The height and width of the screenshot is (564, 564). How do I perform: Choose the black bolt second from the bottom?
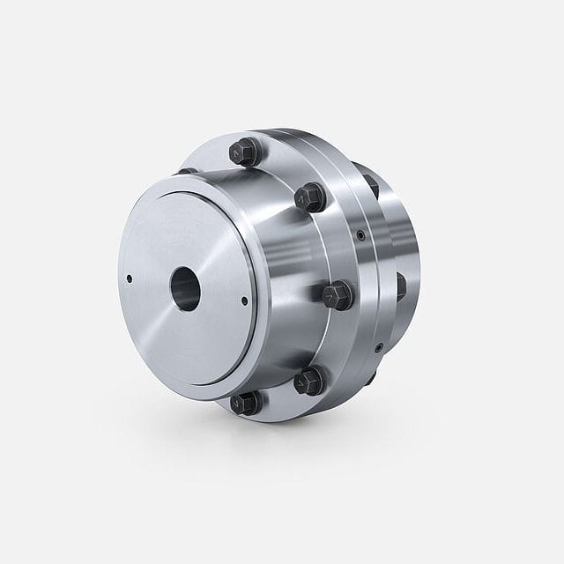click(x=310, y=381)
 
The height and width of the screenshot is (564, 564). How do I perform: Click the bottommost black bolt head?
click(x=243, y=404)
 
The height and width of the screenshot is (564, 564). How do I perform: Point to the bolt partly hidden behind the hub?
click(x=187, y=170)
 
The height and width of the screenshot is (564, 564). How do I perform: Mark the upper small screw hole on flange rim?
click(x=361, y=235)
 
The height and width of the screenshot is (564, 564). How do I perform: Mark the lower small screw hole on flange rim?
click(x=377, y=346)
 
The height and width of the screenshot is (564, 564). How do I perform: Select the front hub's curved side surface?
click(x=273, y=264)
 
